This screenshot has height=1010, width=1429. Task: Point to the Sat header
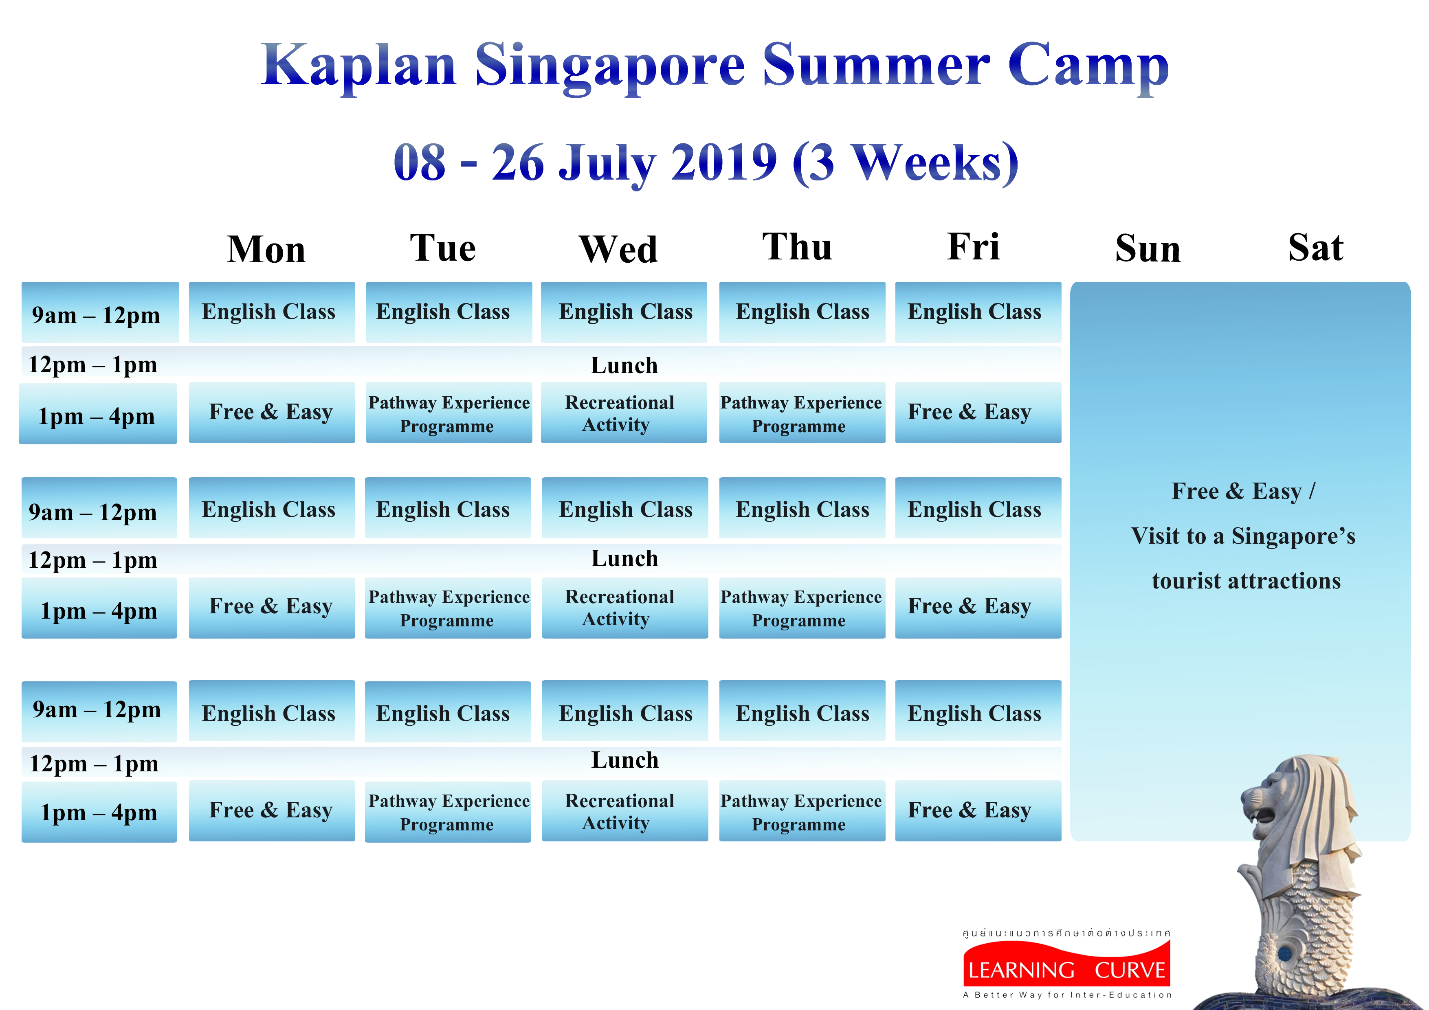point(1316,247)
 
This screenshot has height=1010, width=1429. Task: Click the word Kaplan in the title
point(359,66)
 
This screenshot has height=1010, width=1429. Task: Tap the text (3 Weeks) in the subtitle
point(906,163)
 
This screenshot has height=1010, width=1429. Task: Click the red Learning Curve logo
point(1067,964)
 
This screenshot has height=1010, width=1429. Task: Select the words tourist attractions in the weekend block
point(1246,581)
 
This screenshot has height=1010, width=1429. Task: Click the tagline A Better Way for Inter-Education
point(1067,995)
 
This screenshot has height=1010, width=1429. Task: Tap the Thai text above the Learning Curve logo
point(1067,933)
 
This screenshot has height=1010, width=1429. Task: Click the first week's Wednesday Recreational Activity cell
point(624,413)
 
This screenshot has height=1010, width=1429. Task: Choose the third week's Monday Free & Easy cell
point(272,810)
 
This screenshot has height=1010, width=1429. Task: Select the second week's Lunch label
point(624,558)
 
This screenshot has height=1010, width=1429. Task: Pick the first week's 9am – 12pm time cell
point(100,312)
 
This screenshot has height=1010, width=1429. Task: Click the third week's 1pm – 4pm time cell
point(99,812)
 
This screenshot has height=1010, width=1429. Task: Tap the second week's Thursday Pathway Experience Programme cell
point(802,608)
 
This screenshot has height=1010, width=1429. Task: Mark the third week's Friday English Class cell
point(978,711)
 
